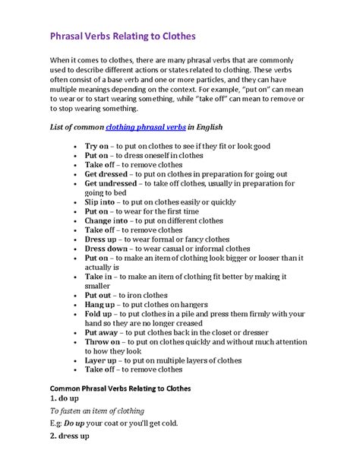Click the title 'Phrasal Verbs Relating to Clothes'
(x=123, y=35)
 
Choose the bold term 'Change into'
(x=107, y=220)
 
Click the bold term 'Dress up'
(x=101, y=239)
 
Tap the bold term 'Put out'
(x=99, y=295)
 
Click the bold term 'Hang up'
(x=100, y=304)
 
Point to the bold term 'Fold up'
(x=99, y=314)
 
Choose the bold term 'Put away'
(x=102, y=332)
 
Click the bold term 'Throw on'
(x=103, y=341)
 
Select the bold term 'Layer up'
(x=102, y=360)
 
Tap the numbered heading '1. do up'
(x=68, y=398)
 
